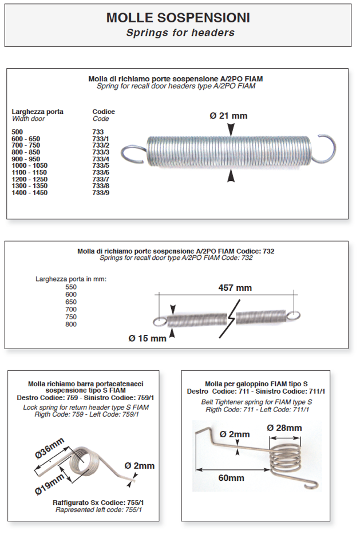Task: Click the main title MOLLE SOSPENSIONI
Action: pyautogui.click(x=178, y=18)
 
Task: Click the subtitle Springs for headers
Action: pyautogui.click(x=180, y=33)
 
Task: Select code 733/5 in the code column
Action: pyautogui.click(x=101, y=165)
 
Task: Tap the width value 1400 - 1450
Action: pyautogui.click(x=30, y=193)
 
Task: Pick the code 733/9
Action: pyautogui.click(x=101, y=193)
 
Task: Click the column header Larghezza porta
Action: pyautogui.click(x=38, y=112)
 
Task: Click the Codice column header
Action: pyautogui.click(x=104, y=112)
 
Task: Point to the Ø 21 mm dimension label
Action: pyautogui.click(x=228, y=116)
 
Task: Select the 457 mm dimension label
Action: pyautogui.click(x=235, y=288)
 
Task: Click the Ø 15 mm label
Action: pyautogui.click(x=147, y=338)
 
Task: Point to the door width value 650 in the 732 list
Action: pyautogui.click(x=71, y=302)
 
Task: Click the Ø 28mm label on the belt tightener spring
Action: pyautogui.click(x=284, y=428)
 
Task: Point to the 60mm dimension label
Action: pyautogui.click(x=231, y=478)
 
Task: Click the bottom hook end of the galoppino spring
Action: pyautogui.click(x=311, y=485)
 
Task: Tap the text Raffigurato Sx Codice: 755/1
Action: pyautogui.click(x=98, y=502)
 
